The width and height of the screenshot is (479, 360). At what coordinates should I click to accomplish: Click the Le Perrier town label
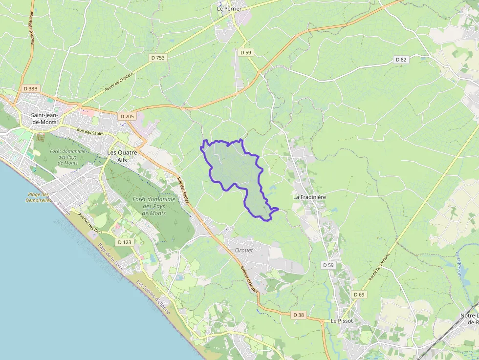click(230, 8)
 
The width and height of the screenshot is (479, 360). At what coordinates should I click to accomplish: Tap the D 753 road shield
click(158, 57)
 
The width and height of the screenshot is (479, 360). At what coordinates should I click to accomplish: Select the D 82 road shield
click(401, 60)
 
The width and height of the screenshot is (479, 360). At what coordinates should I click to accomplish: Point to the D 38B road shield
click(30, 89)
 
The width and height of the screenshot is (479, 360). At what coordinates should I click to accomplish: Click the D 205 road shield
click(127, 116)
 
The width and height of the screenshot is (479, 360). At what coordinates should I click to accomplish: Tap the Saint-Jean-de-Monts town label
click(44, 119)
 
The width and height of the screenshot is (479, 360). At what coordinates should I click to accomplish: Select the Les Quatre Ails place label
click(122, 156)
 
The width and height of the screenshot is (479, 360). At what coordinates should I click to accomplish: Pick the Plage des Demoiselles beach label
click(39, 197)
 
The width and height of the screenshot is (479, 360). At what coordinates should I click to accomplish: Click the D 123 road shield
click(125, 242)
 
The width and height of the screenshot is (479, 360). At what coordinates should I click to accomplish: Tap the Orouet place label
click(244, 250)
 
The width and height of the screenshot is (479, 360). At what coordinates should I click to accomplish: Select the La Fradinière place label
click(309, 197)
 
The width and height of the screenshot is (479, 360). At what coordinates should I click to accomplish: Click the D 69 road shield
click(358, 295)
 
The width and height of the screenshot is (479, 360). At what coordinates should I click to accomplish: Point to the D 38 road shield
click(299, 315)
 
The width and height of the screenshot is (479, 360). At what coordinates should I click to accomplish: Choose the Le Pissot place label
click(342, 321)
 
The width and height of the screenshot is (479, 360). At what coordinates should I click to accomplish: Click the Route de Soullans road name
click(379, 268)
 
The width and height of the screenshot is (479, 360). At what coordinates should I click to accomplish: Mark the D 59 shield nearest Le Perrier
click(245, 52)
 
